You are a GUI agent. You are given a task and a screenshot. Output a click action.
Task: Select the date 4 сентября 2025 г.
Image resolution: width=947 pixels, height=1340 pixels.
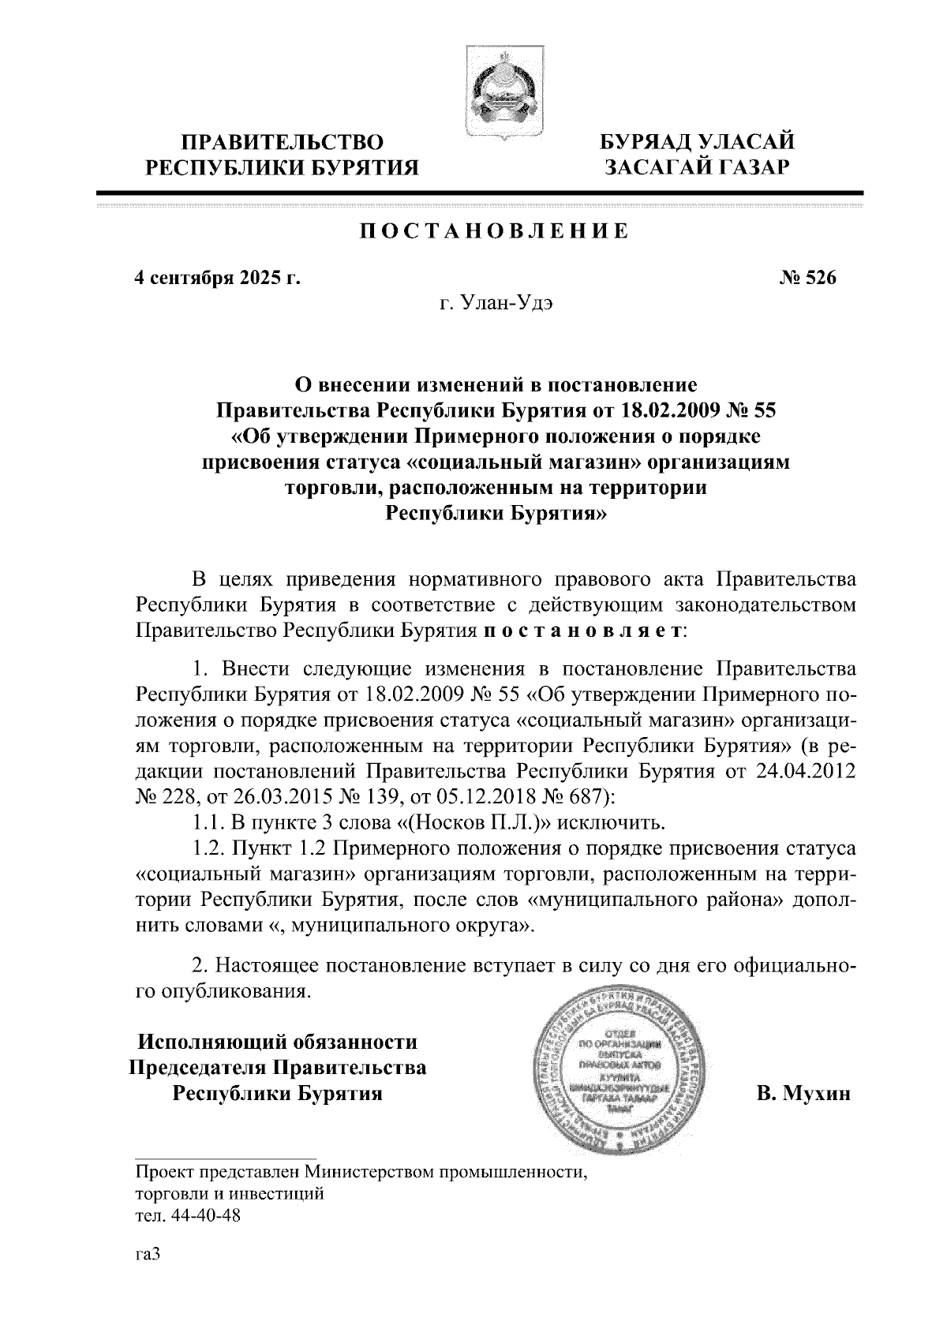coord(218,278)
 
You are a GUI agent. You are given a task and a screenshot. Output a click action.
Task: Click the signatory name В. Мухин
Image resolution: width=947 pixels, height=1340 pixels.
coord(803,1094)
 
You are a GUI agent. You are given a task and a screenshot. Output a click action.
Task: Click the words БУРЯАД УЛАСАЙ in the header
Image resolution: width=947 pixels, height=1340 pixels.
coord(697,142)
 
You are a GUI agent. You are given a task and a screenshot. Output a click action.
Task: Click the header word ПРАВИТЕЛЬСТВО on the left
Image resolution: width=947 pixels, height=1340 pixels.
coord(283,142)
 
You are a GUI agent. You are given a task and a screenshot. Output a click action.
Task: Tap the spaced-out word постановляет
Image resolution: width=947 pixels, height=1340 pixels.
coord(583,631)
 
